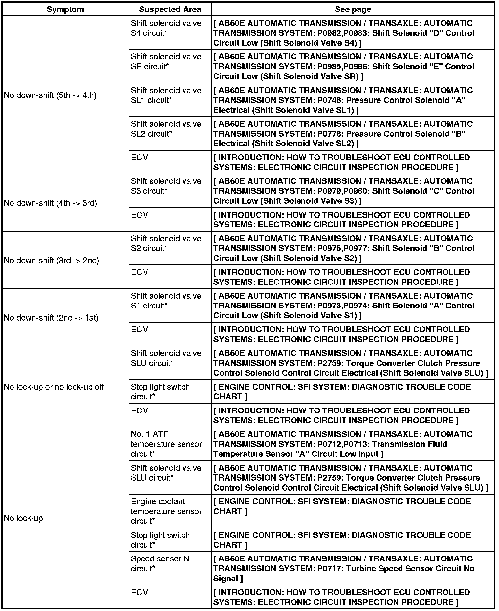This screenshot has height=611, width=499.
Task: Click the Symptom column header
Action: [x=65, y=9]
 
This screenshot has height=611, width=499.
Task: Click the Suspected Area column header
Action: [x=170, y=9]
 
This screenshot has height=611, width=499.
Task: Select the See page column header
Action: [x=353, y=9]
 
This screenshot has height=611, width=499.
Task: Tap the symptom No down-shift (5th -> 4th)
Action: [x=50, y=95]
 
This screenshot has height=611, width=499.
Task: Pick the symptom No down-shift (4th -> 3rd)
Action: [x=50, y=203]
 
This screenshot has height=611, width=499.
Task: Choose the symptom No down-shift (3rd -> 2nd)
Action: [x=51, y=261]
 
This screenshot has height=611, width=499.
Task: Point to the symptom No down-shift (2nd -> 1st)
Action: [x=51, y=318]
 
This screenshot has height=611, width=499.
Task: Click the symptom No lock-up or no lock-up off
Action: [x=54, y=387]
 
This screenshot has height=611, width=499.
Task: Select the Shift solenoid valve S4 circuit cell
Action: [x=166, y=28]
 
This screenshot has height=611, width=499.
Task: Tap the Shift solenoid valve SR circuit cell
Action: [x=166, y=62]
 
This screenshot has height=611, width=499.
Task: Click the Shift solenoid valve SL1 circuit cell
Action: [x=166, y=95]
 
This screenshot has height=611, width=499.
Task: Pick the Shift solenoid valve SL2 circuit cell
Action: [x=166, y=129]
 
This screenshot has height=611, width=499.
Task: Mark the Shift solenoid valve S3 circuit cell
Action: [x=166, y=186]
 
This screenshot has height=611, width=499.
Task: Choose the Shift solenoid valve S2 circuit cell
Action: [x=166, y=243]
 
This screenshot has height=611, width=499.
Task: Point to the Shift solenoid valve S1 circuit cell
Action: [x=166, y=301]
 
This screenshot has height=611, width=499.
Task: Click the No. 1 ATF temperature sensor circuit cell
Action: [x=166, y=444]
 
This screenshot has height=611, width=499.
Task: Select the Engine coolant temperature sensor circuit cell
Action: [x=166, y=511]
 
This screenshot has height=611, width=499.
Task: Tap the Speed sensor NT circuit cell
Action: [x=163, y=563]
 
